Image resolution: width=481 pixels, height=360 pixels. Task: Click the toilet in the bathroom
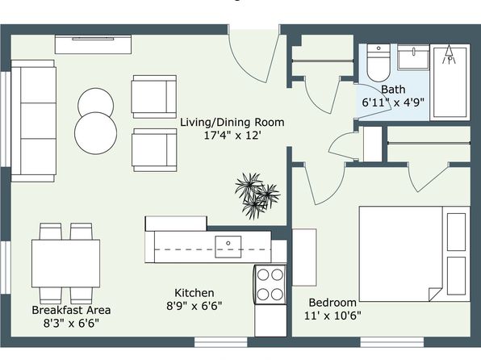click(x=379, y=63)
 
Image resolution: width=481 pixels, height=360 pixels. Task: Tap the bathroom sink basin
click(x=413, y=57)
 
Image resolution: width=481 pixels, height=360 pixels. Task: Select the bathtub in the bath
click(x=450, y=82)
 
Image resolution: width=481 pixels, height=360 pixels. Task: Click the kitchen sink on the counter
click(x=228, y=247)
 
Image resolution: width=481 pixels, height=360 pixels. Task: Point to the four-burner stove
click(x=270, y=284)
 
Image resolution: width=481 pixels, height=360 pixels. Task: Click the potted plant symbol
click(x=257, y=195)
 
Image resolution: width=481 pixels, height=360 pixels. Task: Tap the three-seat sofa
click(x=33, y=121)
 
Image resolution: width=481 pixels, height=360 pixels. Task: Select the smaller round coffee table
click(x=96, y=103)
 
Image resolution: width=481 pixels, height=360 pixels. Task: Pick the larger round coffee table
click(x=96, y=133)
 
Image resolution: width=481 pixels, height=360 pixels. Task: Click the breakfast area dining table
click(x=65, y=264)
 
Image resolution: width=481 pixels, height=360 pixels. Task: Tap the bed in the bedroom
click(x=415, y=253)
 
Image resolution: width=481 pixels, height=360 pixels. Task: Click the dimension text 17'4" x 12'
click(x=232, y=135)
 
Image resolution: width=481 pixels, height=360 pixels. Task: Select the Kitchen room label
click(x=194, y=293)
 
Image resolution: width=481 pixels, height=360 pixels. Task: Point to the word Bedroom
click(x=333, y=303)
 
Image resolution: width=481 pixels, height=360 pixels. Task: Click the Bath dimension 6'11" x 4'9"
click(x=393, y=103)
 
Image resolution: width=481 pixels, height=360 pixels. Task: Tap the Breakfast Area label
click(x=71, y=310)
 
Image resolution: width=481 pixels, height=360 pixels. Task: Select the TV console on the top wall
click(x=94, y=44)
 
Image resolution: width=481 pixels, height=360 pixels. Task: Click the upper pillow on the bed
click(x=456, y=232)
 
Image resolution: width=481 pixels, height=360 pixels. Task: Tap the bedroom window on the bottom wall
click(x=391, y=342)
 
